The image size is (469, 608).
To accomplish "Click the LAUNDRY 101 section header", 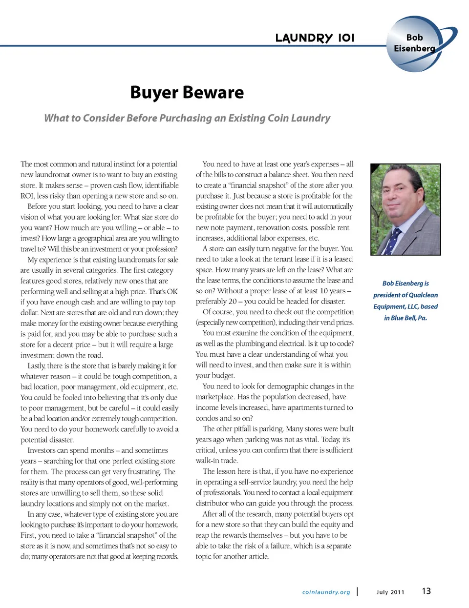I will pos(315,38).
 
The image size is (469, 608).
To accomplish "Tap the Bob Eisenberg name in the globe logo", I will pos(414,43).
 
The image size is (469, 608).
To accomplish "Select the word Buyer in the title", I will pos(153,93).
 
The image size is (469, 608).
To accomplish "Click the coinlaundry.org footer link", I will pos(326,592).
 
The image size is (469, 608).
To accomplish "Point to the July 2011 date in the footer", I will pos(390,592).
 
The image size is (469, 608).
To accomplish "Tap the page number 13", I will pos(426,591).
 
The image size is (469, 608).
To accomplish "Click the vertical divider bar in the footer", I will pos(358,591).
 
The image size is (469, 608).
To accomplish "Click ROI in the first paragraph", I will pos(27,196).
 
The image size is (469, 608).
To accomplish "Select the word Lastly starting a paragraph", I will pos(37,366).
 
